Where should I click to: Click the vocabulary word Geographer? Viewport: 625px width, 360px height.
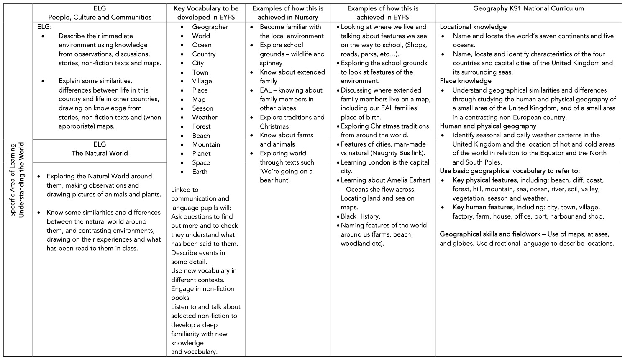(x=210, y=27)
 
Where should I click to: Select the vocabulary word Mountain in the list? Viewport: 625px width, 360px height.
(x=206, y=144)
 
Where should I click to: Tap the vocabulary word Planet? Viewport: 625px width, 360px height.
(x=201, y=154)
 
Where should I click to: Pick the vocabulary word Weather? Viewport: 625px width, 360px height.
(x=205, y=117)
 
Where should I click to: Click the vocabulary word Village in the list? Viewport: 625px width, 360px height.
(x=202, y=81)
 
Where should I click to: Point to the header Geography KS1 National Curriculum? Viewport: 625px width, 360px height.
(x=528, y=8)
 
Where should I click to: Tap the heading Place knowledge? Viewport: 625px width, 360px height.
(x=465, y=81)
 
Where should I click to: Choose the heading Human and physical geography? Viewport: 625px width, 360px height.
(x=488, y=126)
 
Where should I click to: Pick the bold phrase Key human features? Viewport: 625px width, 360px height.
(x=482, y=207)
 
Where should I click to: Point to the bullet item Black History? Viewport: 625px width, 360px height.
(x=360, y=216)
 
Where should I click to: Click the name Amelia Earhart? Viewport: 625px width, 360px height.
(x=408, y=180)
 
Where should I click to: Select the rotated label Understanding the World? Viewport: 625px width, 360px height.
(x=22, y=180)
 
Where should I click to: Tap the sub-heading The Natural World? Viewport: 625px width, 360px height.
(x=100, y=153)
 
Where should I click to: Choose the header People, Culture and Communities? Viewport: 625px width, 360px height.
(x=100, y=17)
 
